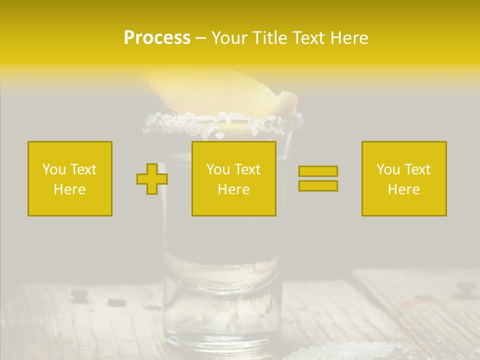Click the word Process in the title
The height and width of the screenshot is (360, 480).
pos(157,38)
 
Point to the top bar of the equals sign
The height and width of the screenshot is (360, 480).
pos(318,171)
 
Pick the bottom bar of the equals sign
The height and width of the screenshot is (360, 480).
pos(318,185)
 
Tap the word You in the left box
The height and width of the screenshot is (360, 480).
pos(53,169)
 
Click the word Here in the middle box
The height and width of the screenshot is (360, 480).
pos(234,189)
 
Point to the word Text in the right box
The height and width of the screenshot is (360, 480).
pos(417,169)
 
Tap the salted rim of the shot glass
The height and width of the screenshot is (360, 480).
pos(222,122)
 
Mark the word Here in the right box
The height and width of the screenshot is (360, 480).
pos(404,189)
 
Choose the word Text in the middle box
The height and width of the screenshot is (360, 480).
pos(247,169)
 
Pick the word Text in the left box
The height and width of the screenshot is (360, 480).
pos(83,169)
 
